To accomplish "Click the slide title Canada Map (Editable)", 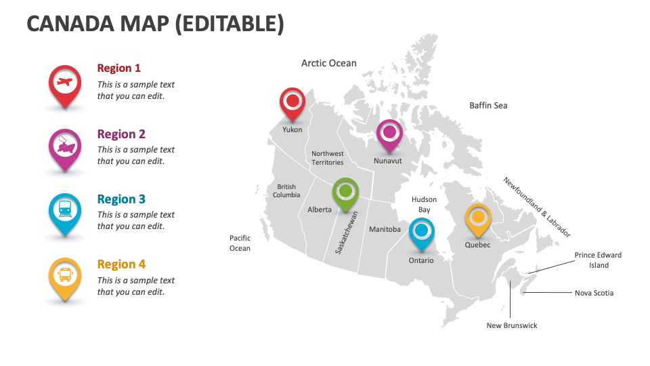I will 155,24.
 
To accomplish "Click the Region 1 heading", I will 119,68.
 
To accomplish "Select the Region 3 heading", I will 121,199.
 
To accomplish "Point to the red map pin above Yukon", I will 292,102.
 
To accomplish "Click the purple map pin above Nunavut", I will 389,134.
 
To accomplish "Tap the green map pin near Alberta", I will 345,192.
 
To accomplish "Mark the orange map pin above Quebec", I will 478,218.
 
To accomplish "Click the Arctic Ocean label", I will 328,63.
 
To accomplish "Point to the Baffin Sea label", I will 488,105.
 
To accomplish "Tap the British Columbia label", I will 286,191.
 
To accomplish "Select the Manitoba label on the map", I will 385,229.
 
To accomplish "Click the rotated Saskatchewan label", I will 347,232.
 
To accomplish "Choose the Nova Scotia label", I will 594,293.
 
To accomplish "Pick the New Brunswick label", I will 512,325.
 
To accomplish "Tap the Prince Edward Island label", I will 598,260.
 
